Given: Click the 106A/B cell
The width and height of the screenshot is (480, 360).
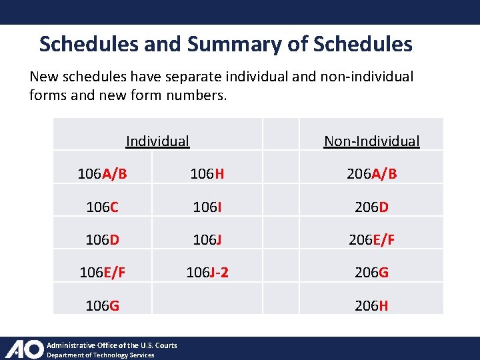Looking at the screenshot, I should [x=102, y=174].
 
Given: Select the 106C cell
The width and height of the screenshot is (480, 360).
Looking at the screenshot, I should [x=102, y=207].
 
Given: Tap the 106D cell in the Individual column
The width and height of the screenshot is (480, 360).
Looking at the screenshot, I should [x=102, y=239].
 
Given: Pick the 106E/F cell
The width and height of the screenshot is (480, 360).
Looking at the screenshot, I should [x=102, y=272].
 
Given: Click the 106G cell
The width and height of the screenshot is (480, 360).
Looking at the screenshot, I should [x=102, y=305].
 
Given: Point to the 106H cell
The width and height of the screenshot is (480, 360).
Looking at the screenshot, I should [x=207, y=174].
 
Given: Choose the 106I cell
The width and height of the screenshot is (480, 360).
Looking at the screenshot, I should [x=207, y=207].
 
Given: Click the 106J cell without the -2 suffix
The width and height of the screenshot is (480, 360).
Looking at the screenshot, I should [x=207, y=239].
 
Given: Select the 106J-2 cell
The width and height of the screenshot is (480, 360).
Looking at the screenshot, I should [x=207, y=272].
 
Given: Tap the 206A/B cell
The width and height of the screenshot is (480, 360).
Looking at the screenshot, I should [x=371, y=174].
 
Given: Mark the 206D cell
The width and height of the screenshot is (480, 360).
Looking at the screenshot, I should [x=371, y=207].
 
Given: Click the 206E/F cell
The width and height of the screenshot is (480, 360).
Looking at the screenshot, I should [x=371, y=239].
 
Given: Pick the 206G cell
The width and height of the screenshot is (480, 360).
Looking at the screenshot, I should [x=371, y=272].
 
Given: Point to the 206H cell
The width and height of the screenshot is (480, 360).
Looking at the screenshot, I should [x=371, y=305].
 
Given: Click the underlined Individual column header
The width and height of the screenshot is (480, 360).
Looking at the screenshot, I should [x=157, y=141].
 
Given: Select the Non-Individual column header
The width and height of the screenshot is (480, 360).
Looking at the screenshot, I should [x=371, y=141].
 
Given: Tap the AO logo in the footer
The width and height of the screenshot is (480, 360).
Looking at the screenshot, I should [x=24, y=349].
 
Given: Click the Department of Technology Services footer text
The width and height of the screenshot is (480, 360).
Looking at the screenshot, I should [x=100, y=355].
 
